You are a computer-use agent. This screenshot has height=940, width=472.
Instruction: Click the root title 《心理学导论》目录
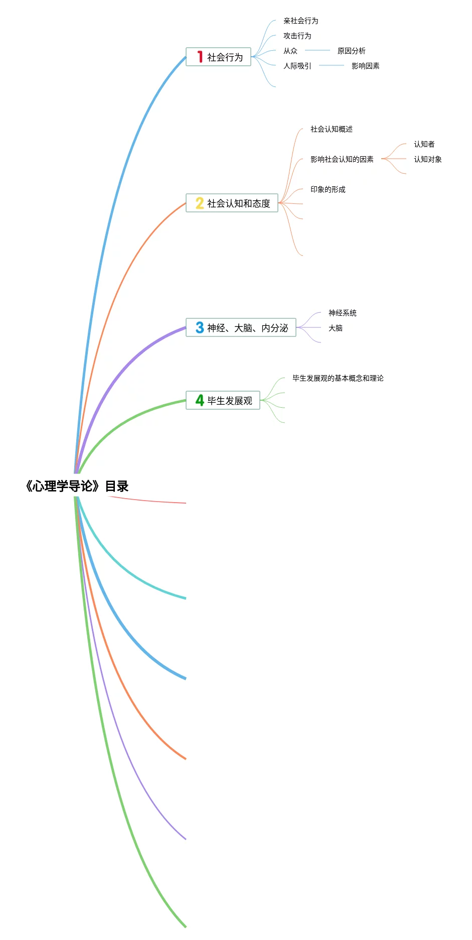tap(77, 486)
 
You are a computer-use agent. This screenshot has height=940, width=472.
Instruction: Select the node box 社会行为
tap(218, 57)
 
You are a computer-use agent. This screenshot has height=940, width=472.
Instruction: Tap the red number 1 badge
tap(200, 57)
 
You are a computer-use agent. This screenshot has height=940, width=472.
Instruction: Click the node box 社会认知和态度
tap(232, 203)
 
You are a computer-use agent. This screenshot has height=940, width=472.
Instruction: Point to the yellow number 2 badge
tap(200, 203)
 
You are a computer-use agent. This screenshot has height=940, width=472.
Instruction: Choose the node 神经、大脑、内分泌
tap(241, 327)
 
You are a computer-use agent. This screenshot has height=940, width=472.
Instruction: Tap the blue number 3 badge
tap(200, 327)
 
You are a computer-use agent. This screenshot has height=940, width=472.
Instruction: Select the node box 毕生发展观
tap(223, 400)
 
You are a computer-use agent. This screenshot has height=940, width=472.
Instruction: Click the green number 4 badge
tap(200, 400)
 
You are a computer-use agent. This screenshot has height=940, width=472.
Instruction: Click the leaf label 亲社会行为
tap(300, 21)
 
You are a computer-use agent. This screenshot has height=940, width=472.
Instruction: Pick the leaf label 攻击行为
tap(297, 36)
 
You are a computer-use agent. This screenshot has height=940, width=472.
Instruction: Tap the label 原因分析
tap(351, 51)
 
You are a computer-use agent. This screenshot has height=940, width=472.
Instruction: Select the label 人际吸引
tap(297, 66)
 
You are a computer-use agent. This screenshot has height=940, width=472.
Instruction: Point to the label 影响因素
tap(365, 66)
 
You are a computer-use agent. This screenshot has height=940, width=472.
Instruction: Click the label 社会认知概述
tap(331, 129)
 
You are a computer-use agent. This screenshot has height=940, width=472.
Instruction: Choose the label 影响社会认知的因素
tap(342, 159)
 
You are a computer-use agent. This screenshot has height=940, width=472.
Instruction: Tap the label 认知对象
tap(427, 159)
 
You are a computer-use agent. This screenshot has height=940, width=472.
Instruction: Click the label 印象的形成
tap(328, 189)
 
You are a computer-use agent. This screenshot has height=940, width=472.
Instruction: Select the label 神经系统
tap(342, 313)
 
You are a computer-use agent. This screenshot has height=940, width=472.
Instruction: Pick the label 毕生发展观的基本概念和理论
tap(338, 378)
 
